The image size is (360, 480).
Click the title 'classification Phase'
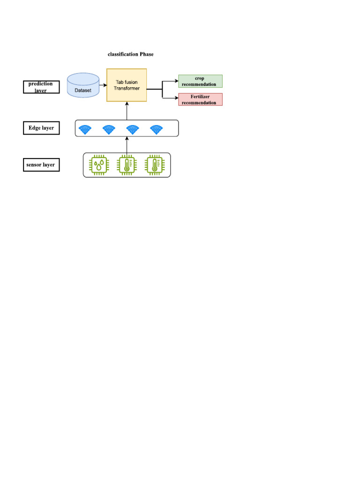[x=130, y=54]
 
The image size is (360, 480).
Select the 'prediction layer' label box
[x=41, y=87]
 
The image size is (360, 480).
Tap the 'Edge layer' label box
[x=41, y=128]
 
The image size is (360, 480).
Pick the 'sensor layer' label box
[x=41, y=165]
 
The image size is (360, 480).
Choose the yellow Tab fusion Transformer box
[x=127, y=85]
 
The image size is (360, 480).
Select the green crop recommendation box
[x=200, y=81]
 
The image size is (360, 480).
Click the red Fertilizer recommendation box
[x=200, y=99]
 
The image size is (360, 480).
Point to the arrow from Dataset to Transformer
[x=103, y=85]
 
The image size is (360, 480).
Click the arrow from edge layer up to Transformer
[x=127, y=111]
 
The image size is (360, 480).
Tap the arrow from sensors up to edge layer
[x=127, y=145]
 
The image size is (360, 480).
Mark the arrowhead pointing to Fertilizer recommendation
[x=176, y=98]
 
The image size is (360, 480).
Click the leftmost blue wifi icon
[x=85, y=129]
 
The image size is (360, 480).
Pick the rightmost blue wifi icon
[x=157, y=129]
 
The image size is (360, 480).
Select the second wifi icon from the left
[x=109, y=129]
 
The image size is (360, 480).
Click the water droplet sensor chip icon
[x=98, y=165]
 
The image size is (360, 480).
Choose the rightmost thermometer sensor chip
[x=154, y=165]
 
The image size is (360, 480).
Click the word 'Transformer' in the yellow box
[x=127, y=89]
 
